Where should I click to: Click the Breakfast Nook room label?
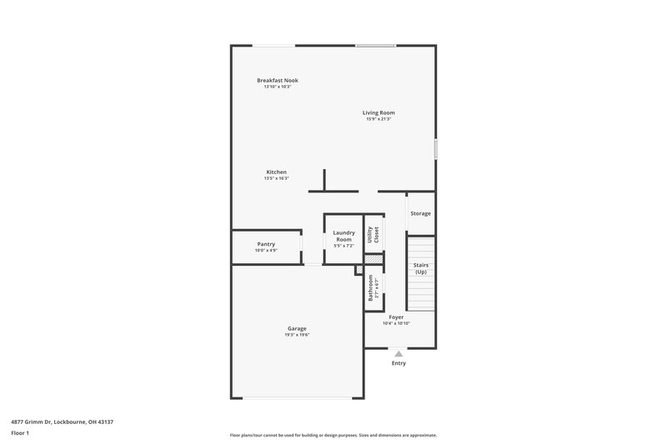(x=277, y=80)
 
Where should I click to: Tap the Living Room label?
(x=379, y=112)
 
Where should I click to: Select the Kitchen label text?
(x=277, y=172)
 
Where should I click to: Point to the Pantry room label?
(x=266, y=244)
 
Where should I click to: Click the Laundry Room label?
(x=344, y=236)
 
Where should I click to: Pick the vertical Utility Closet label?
(x=376, y=235)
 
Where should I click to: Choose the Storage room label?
(x=421, y=213)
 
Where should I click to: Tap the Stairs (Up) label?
(x=421, y=268)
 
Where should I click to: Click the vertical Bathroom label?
(x=370, y=288)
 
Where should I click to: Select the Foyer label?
(x=396, y=317)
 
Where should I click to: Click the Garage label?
(x=297, y=328)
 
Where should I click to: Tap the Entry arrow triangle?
(x=399, y=354)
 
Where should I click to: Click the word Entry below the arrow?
(x=399, y=363)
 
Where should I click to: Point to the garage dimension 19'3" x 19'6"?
(x=297, y=335)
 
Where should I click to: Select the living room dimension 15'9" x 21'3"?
(x=379, y=119)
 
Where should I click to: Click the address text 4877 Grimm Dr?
(x=58, y=422)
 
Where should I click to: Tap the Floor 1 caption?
(x=20, y=433)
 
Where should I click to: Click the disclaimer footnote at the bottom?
(x=333, y=435)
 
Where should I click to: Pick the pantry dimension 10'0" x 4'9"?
(x=266, y=251)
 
